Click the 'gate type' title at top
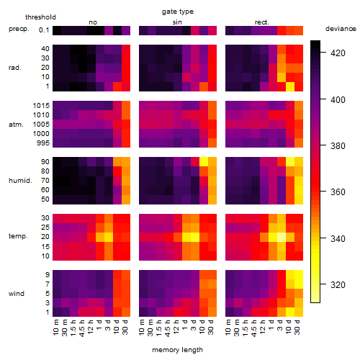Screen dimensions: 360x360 (x=178, y=12)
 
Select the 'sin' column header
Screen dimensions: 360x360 (x=177, y=22)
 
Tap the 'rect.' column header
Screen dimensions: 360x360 (x=261, y=22)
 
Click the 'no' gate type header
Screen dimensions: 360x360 (x=93, y=22)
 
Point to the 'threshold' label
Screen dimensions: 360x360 (x=40, y=17)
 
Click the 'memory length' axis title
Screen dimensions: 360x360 (x=177, y=350)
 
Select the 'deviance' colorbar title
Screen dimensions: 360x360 (x=341, y=29)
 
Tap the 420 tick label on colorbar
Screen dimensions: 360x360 (x=338, y=53)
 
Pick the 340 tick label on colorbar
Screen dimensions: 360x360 (x=338, y=238)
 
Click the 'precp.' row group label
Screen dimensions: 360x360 (x=19, y=29)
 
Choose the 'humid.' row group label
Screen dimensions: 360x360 (x=20, y=180)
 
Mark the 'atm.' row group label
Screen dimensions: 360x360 (x=16, y=125)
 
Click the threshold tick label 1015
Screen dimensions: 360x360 (x=41, y=105)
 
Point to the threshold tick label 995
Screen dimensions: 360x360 (x=43, y=143)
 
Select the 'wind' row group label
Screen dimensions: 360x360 (x=17, y=293)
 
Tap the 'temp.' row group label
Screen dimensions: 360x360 (x=18, y=236)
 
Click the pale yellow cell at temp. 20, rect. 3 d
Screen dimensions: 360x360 (x=282, y=237)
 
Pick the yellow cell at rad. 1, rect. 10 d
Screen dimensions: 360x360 (x=290, y=86)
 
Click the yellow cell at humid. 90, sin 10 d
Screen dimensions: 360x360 (x=204, y=162)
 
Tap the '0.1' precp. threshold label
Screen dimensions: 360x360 (x=44, y=30)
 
